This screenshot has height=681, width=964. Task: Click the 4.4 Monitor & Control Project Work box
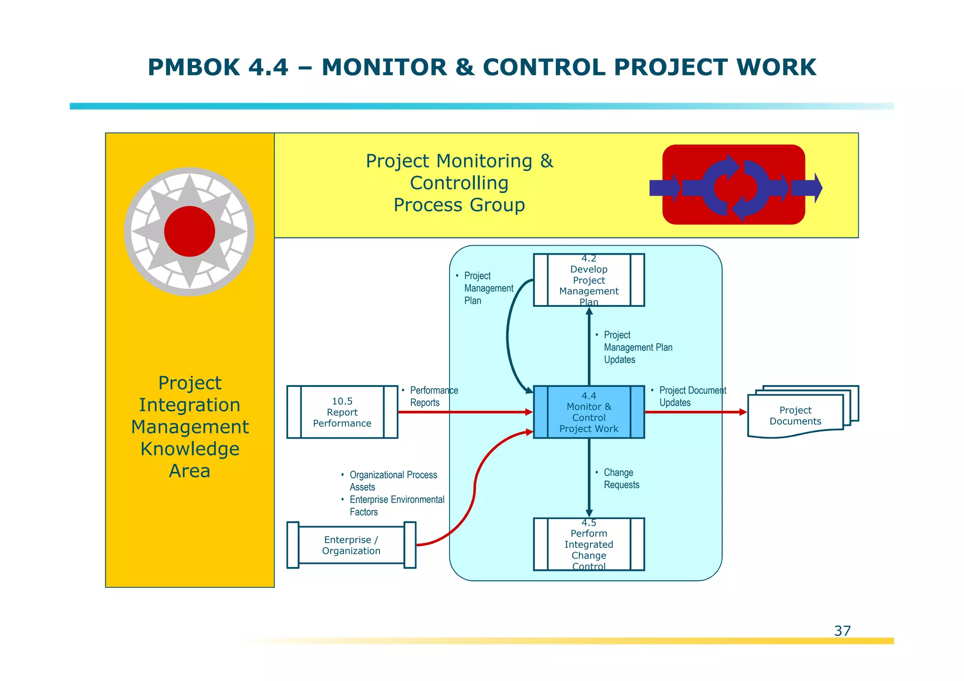pos(588,412)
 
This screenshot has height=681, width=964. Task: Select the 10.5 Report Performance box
pos(342,412)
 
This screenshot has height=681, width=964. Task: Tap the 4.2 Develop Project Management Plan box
pos(588,280)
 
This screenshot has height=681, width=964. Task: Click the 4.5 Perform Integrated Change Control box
pos(588,544)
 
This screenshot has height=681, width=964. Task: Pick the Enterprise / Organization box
pos(351,545)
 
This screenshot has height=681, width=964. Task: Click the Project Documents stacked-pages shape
pos(795,415)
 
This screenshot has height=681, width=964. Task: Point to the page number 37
pos(842,631)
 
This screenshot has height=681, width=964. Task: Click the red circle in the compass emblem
pos(190,231)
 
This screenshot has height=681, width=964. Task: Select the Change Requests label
pos(621,479)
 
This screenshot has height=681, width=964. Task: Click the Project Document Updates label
pos(691,396)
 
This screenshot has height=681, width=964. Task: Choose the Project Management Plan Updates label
pos(637,347)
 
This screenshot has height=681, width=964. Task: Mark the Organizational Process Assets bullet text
pos(393,481)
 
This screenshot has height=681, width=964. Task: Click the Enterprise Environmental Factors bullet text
pos(396,505)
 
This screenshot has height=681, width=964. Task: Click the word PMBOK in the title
pos(194,67)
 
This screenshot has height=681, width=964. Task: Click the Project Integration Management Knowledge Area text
pos(190,426)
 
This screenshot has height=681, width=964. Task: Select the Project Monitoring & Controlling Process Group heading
pos(459,183)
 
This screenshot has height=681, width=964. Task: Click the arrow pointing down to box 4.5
pos(589,480)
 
